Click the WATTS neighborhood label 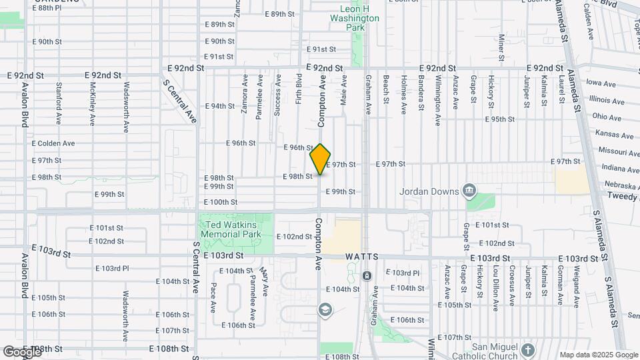click(363, 257)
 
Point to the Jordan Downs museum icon click(470, 191)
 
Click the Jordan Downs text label click(429, 191)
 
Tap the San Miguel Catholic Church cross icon click(528, 349)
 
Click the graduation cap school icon click(325, 309)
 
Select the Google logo click(21, 351)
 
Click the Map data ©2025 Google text click(598, 355)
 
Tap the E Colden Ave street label click(53, 143)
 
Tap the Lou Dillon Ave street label click(495, 287)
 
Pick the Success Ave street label click(277, 95)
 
